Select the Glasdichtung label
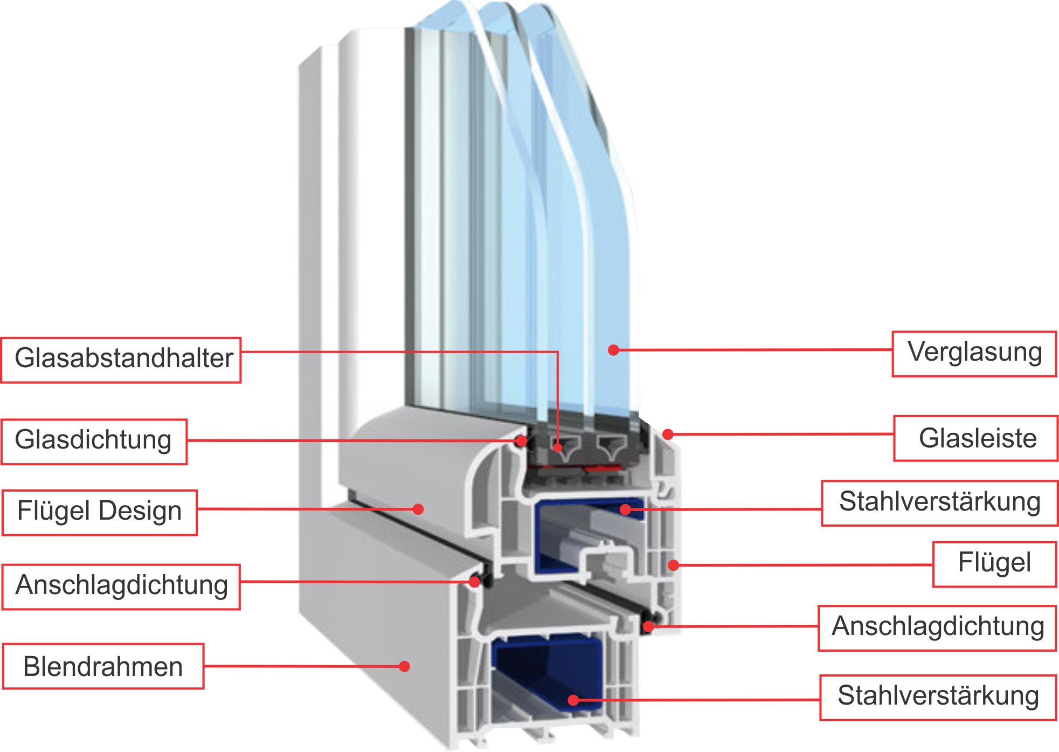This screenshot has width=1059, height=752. tap(94, 441)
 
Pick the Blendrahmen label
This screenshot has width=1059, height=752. tap(103, 666)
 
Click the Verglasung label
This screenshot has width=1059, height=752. tap(974, 354)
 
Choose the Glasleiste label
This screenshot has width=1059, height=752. tap(977, 438)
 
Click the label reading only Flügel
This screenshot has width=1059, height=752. tap(994, 564)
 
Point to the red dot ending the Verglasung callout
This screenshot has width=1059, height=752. tap(613, 350)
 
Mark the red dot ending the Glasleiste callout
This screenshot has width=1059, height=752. tap(667, 434)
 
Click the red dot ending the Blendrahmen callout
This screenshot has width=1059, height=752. tap(405, 666)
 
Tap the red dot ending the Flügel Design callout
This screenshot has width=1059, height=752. tap(418, 509)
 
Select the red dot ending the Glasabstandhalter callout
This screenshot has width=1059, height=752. tap(558, 447)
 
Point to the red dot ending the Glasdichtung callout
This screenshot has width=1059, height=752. tap(521, 441)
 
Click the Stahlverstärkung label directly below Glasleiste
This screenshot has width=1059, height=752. tap(939, 502)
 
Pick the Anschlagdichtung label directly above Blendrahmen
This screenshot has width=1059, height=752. tap(121, 587)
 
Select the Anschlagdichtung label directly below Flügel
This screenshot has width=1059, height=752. tap(938, 627)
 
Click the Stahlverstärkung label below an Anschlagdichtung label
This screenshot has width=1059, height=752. tap(938, 696)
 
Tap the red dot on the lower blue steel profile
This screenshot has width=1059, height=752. tap(573, 700)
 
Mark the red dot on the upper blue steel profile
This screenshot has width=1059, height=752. tap(625, 508)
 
